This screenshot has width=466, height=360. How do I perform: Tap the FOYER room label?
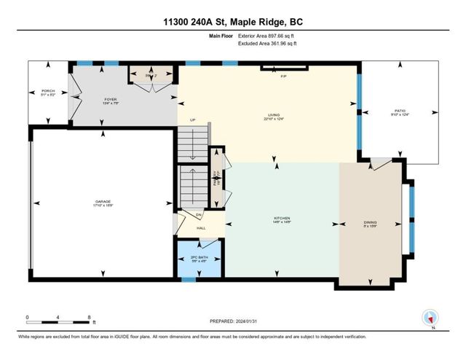110,98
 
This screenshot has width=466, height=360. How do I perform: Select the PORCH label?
49,91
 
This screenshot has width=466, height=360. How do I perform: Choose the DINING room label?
371,223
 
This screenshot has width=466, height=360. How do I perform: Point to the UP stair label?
193,120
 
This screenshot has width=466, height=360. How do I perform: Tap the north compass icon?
430,318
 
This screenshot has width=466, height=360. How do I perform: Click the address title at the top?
232,22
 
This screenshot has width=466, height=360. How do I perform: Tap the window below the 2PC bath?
189,278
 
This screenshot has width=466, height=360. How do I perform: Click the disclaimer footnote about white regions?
192,337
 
